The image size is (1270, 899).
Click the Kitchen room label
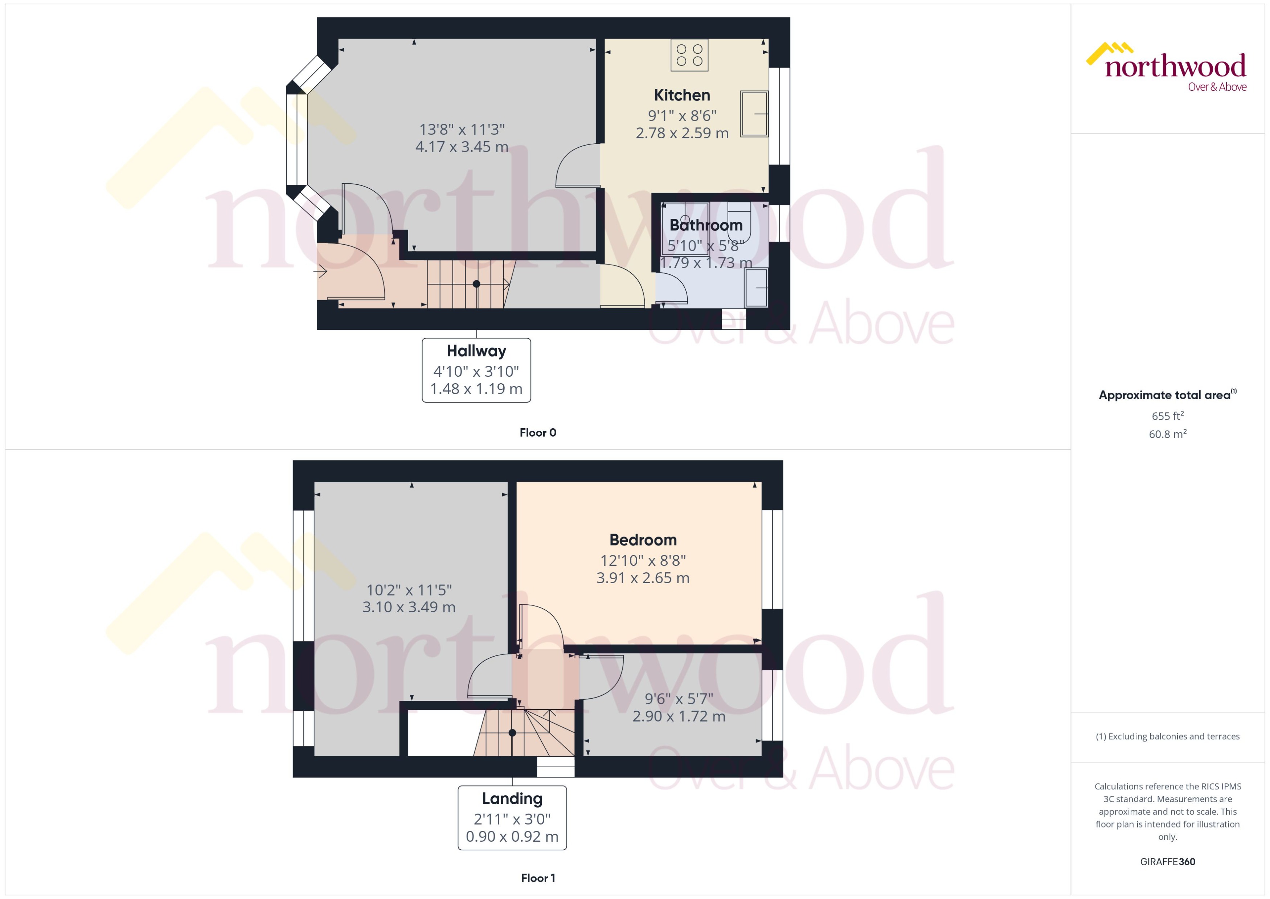[x=682, y=95]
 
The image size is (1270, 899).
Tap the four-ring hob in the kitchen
[x=689, y=56]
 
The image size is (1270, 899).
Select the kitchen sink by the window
[x=754, y=114]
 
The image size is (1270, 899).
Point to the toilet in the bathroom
[x=739, y=221]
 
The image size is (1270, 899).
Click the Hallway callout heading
[x=476, y=351]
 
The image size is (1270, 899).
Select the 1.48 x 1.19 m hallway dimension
[x=476, y=389]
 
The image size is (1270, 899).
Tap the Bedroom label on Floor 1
[x=643, y=540]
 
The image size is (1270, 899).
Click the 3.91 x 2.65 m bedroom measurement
[x=643, y=578]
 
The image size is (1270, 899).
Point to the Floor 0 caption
[x=538, y=433]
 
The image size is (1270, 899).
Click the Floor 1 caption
[x=538, y=878]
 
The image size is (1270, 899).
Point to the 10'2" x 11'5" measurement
[x=409, y=590]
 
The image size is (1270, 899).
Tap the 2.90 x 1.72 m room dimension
[x=679, y=716]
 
